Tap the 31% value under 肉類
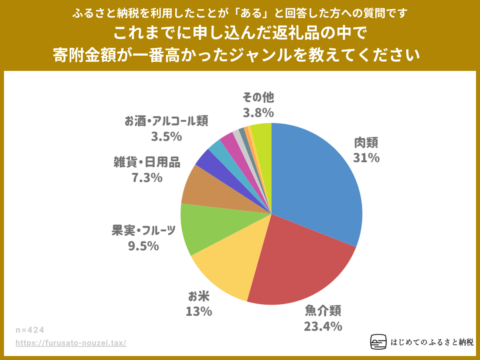coord(366,158)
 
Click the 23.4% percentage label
coord(323,326)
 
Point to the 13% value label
coord(198,311)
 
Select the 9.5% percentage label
coord(143,246)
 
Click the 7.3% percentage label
coord(147,178)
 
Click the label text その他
coord(258,97)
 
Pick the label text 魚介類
coord(323,310)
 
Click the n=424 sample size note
coord(30,330)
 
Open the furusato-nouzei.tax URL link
coord(71,343)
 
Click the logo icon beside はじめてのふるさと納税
coord(378,342)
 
